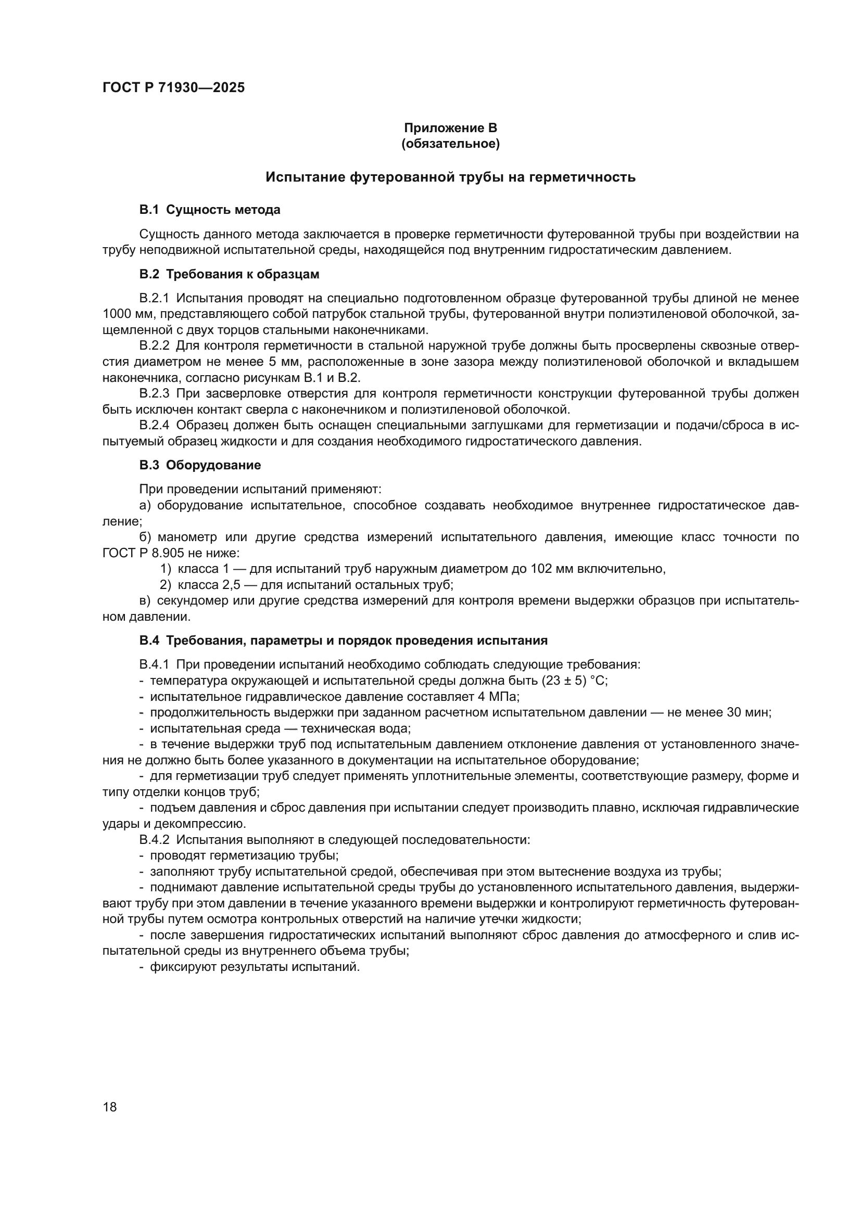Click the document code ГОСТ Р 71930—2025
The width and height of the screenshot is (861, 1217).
point(173,87)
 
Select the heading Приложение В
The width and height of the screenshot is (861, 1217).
point(450,128)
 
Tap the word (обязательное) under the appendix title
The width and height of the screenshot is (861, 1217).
point(450,144)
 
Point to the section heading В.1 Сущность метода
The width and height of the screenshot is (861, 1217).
point(209,210)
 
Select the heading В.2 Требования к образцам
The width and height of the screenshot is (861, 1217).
point(229,274)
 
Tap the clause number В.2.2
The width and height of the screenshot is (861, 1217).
point(154,345)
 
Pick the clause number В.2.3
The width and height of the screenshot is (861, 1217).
point(154,393)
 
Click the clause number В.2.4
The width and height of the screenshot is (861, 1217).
point(154,425)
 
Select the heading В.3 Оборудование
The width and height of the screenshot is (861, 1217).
point(200,465)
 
